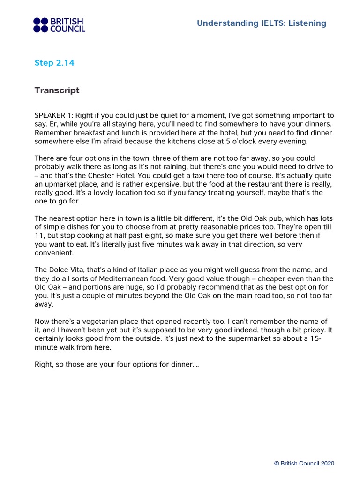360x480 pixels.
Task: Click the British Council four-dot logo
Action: coord(41,25)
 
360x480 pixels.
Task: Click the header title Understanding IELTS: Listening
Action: coord(262,23)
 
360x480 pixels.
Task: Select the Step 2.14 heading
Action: coord(54,63)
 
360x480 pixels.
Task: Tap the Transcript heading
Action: coord(57,90)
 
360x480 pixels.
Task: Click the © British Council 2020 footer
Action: coord(304,463)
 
